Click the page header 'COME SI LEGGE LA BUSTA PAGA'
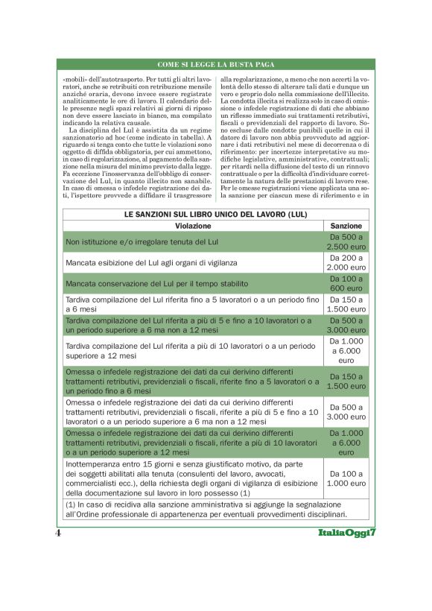[216, 66]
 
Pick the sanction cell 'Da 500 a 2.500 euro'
[346, 241]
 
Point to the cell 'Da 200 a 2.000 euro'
[346, 262]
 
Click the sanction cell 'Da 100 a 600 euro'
[346, 283]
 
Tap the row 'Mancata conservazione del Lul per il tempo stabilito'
[157, 284]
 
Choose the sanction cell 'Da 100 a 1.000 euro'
[346, 478]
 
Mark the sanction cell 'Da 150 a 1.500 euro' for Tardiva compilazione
[346, 304]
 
